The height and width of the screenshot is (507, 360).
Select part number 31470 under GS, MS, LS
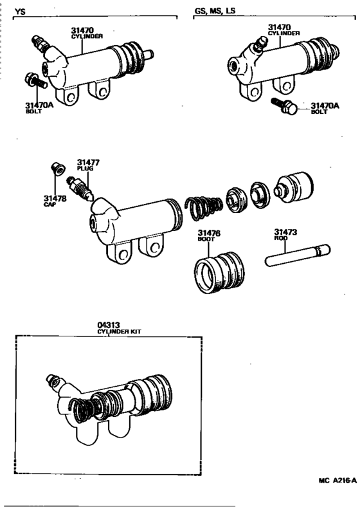pos(281,28)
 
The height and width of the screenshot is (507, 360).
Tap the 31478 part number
pos(55,198)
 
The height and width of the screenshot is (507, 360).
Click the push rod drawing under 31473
pos(296,254)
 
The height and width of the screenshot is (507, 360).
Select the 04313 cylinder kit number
pos(109,325)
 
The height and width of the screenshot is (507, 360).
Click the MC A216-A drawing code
pos(337,479)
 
